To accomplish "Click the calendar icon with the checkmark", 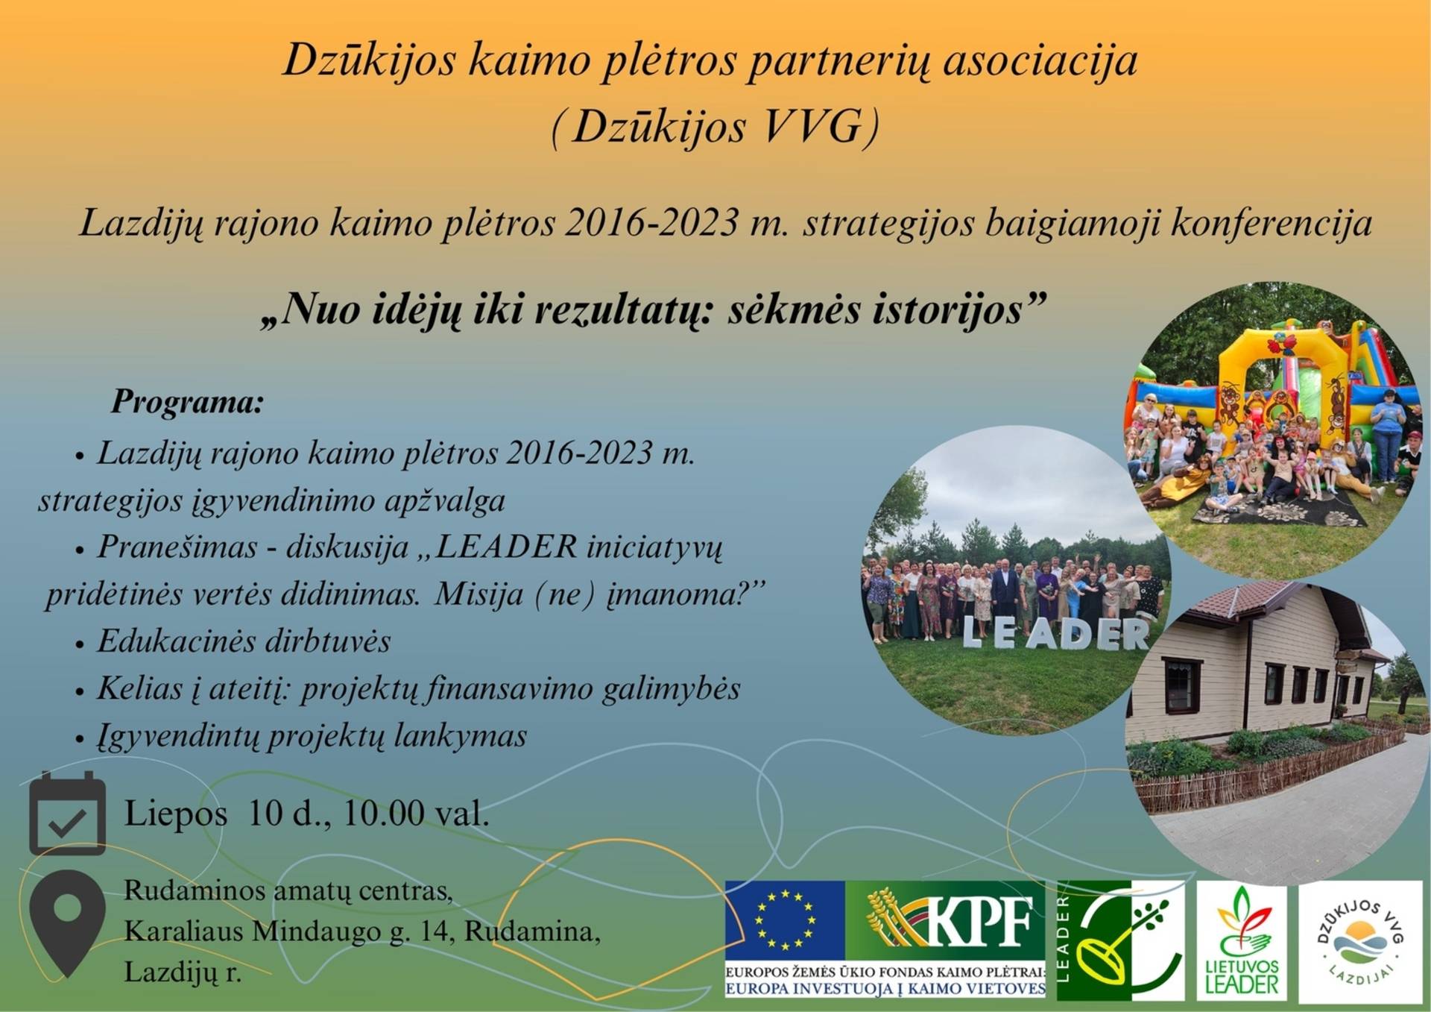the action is click(67, 813).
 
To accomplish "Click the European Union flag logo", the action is click(785, 920).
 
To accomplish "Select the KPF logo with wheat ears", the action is click(946, 920).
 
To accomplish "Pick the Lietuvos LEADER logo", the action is click(1242, 942).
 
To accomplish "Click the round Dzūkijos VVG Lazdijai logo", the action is click(1361, 942).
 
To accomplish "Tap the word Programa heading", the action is click(188, 402).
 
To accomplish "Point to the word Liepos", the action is click(176, 814).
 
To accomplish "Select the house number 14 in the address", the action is click(435, 931).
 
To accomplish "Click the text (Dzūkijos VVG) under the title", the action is click(715, 126).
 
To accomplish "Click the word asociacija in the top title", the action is click(1040, 60).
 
